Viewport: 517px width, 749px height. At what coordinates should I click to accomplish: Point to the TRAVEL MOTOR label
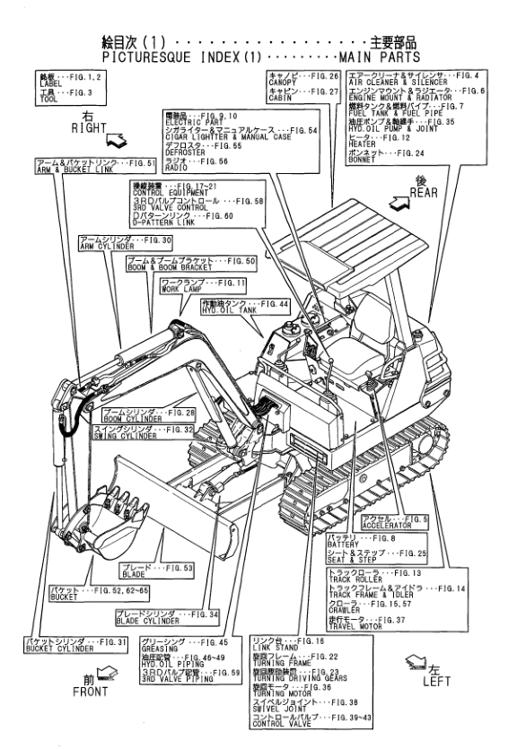[354, 617]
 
